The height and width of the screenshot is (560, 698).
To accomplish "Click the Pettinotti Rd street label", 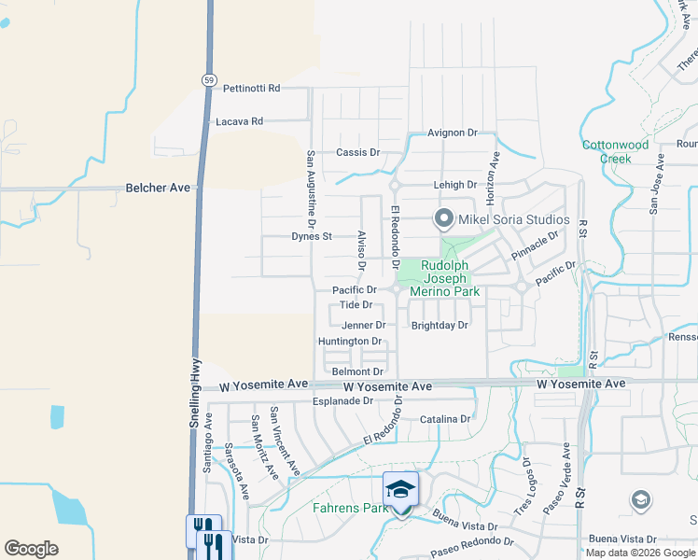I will pos(252,89).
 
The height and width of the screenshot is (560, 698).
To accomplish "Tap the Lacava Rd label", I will pos(239,121).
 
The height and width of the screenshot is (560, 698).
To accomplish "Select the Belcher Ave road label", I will pos(158,188).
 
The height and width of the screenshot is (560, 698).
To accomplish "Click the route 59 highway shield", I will pos(208,80).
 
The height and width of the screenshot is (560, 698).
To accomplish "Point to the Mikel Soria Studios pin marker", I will pos(444,219).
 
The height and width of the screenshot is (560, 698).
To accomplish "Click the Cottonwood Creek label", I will pos(615,152).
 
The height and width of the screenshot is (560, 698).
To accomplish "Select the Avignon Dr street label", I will pos(453,133).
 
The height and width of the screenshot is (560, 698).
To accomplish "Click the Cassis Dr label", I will pos(358,152).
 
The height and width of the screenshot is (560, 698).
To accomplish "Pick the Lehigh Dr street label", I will pos(454,185).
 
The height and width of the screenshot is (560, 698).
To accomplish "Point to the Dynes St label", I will pos(312,237).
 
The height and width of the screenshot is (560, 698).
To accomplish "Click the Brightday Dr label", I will pos(440,326).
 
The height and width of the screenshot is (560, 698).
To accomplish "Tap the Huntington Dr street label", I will pos(350,342).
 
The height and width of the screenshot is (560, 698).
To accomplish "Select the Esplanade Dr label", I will pos(342,401).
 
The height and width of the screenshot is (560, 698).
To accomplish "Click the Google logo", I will pos(31,549).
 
